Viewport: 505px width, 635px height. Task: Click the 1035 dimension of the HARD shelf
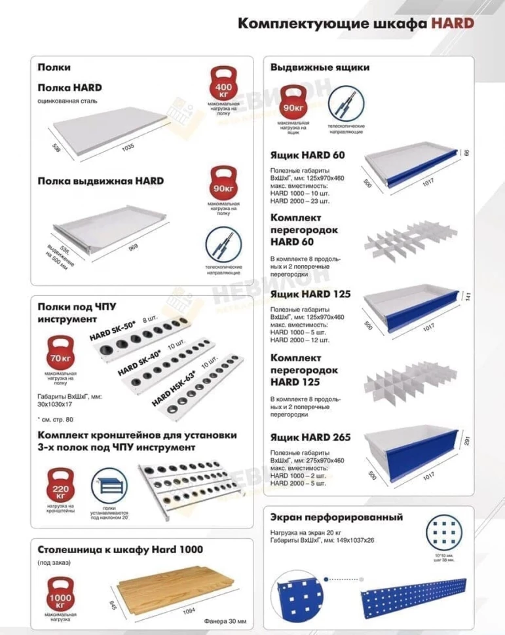tap(127, 147)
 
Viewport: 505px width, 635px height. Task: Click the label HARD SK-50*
tap(112, 331)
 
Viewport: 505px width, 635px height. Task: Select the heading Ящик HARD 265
tap(310, 437)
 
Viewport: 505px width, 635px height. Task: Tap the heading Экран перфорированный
tap(336, 517)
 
